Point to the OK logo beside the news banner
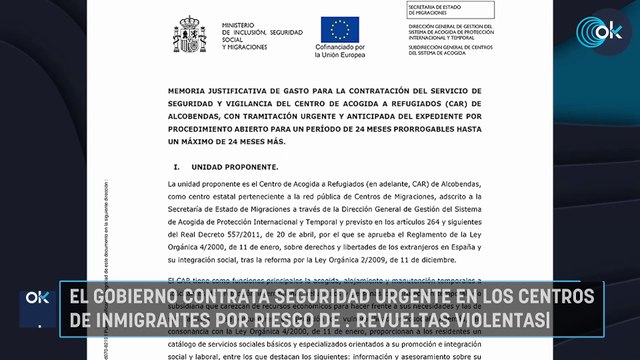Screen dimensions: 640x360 (x=37, y=298)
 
